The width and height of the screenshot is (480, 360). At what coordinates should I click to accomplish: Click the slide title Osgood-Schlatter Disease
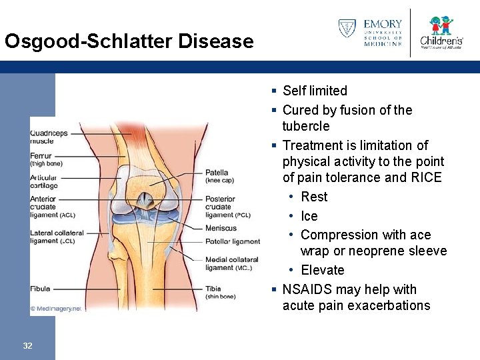click(129, 41)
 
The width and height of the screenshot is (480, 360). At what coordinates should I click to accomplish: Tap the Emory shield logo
click(347, 29)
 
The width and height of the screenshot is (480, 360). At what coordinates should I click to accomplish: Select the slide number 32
click(27, 345)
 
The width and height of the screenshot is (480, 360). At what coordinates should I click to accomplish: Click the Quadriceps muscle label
click(49, 137)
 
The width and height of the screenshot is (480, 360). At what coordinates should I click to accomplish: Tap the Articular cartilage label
click(44, 181)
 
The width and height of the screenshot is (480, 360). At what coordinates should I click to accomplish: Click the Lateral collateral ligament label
click(57, 237)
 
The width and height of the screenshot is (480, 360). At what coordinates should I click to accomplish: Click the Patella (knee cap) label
click(219, 176)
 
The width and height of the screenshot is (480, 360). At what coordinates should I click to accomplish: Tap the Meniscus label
click(221, 228)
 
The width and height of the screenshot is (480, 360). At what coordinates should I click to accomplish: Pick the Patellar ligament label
click(232, 241)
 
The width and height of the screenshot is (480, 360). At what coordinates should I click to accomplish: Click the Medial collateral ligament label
click(231, 263)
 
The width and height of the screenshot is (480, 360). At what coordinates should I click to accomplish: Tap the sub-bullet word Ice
click(309, 216)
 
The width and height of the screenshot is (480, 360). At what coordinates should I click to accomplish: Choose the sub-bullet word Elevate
click(323, 270)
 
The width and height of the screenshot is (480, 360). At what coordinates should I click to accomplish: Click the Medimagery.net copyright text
click(55, 309)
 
